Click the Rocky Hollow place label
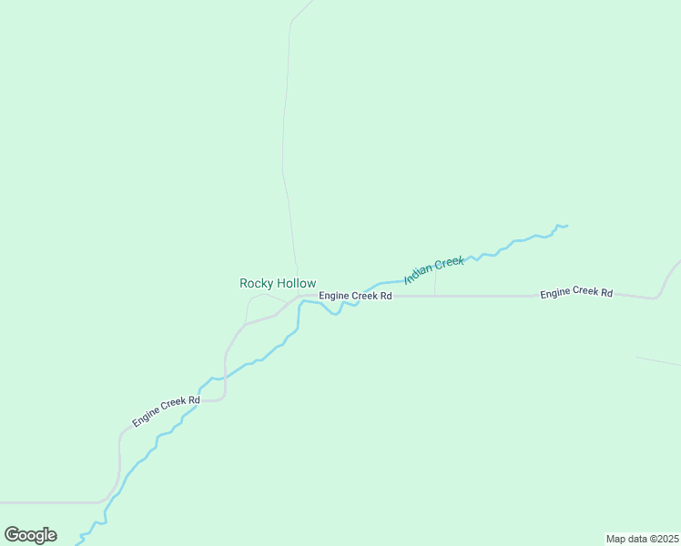click(x=278, y=283)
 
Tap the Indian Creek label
click(x=434, y=269)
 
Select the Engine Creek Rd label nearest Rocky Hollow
click(x=355, y=296)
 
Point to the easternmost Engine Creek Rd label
click(x=576, y=293)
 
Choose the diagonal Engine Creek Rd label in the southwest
click(x=166, y=411)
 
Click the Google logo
click(x=30, y=535)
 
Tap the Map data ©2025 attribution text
click(x=642, y=538)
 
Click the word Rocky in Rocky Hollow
click(x=256, y=283)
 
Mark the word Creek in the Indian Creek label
click(x=449, y=263)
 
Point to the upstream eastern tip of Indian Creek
click(x=565, y=226)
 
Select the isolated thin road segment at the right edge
click(x=657, y=361)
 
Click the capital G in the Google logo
click(x=13, y=534)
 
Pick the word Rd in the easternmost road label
click(x=606, y=293)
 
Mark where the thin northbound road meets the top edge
click(x=310, y=2)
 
